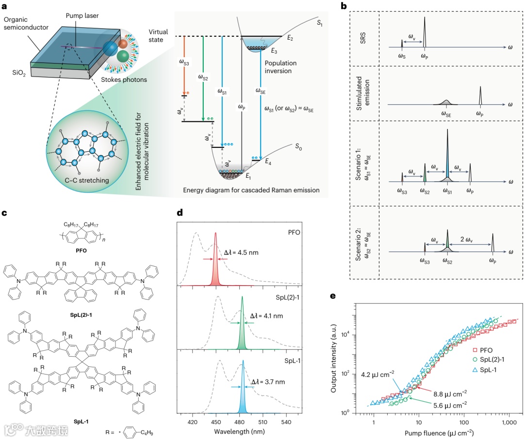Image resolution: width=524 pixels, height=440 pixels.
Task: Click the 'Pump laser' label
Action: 83,16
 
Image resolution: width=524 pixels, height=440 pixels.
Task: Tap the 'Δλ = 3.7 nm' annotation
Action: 269,382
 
